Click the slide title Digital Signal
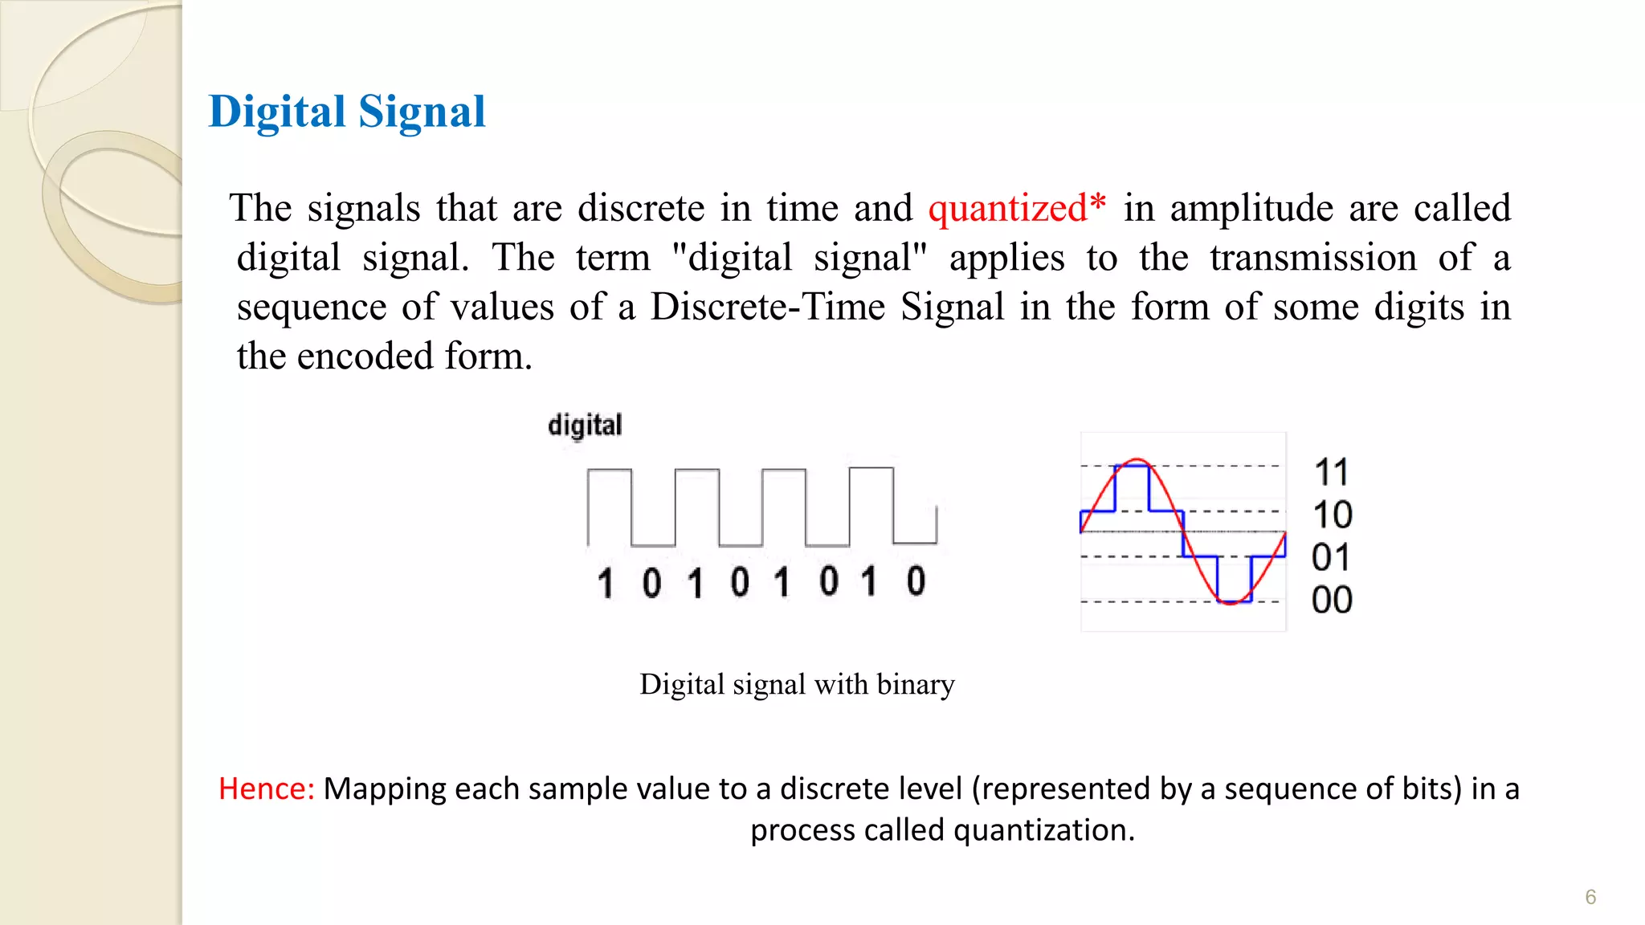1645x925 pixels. click(x=347, y=112)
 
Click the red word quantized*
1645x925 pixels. click(x=1017, y=209)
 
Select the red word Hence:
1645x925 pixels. click(x=266, y=789)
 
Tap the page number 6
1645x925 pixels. click(x=1590, y=898)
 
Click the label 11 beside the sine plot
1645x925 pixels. click(x=1331, y=472)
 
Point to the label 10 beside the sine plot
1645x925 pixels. click(x=1332, y=515)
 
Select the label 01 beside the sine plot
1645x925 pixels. click(x=1331, y=557)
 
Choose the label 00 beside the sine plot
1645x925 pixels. click(x=1332, y=600)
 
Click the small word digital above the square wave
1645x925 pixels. click(x=585, y=426)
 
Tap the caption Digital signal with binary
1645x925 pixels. click(x=797, y=684)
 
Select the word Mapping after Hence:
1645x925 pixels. click(x=384, y=789)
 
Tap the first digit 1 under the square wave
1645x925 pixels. click(x=606, y=583)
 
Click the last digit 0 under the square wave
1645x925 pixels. click(x=916, y=581)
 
